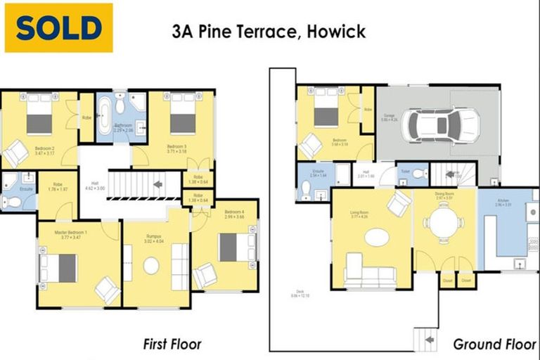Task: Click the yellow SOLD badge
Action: (58, 28)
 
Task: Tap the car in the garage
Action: (442, 125)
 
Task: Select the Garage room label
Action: (389, 117)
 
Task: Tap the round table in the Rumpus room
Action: (151, 266)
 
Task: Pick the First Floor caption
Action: (172, 344)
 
